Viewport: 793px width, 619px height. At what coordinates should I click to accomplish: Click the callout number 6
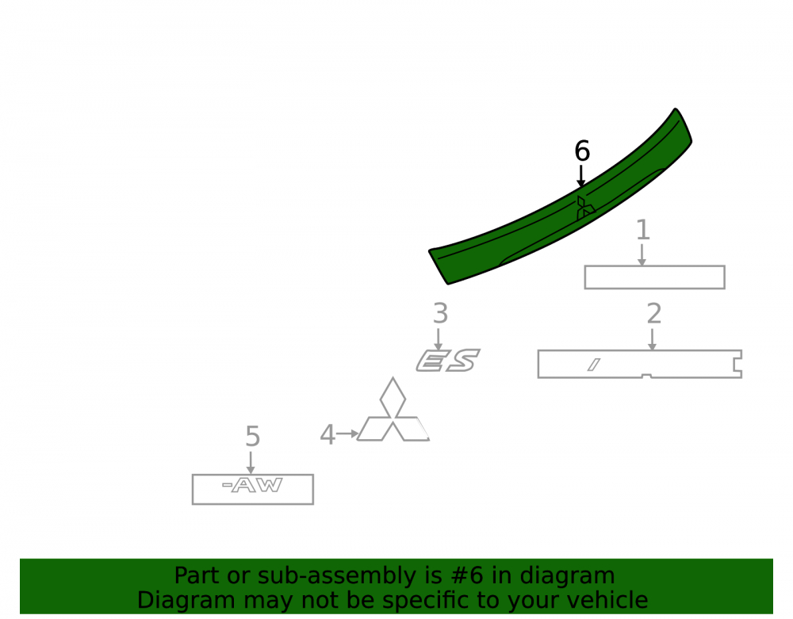click(582, 151)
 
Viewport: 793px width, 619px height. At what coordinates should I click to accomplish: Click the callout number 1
click(643, 230)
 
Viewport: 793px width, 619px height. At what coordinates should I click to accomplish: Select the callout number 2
click(654, 314)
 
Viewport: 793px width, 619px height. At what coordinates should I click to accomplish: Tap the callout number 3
click(440, 314)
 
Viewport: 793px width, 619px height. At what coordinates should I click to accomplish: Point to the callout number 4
click(328, 435)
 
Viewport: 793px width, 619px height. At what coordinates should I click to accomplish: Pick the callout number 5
click(253, 437)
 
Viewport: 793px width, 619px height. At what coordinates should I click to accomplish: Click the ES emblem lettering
click(448, 361)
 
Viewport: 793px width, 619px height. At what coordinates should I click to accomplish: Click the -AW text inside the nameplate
click(252, 486)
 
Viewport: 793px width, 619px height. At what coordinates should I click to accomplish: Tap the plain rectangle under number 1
click(654, 277)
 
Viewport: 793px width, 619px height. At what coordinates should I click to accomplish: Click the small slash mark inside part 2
click(594, 365)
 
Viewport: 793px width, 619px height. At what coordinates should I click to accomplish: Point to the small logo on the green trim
click(585, 208)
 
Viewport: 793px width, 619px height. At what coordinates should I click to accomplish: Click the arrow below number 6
click(581, 176)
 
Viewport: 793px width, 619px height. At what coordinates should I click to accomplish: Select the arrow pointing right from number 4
click(347, 434)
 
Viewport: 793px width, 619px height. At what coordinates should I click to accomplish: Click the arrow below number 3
click(438, 339)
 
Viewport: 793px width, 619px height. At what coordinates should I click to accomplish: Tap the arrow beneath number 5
click(251, 463)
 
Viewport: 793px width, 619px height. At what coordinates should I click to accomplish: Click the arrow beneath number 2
click(652, 339)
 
